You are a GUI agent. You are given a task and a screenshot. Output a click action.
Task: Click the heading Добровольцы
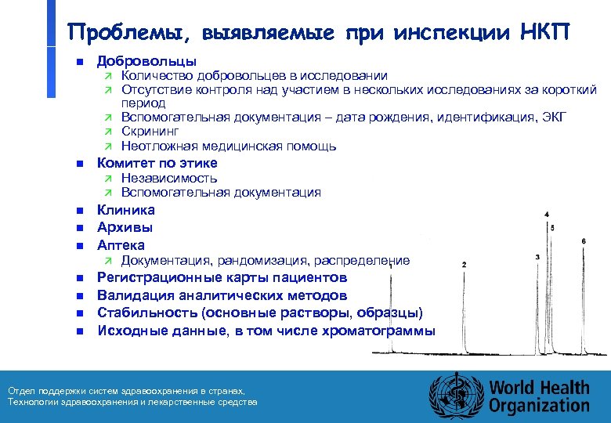click(x=146, y=61)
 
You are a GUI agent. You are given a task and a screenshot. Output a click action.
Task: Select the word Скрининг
click(x=150, y=132)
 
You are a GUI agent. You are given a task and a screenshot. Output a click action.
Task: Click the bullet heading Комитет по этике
click(x=157, y=163)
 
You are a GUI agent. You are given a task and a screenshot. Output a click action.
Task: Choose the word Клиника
click(x=125, y=210)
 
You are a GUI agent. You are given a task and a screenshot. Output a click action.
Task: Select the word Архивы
click(x=125, y=227)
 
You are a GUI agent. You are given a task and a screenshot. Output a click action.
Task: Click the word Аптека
click(x=121, y=245)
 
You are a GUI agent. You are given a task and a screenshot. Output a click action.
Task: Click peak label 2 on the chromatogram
click(x=465, y=265)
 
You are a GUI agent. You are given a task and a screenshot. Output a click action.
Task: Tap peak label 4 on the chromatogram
click(x=546, y=214)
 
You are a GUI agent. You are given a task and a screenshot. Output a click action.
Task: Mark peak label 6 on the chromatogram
click(x=584, y=240)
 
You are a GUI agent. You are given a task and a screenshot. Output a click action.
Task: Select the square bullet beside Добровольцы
click(x=79, y=62)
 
